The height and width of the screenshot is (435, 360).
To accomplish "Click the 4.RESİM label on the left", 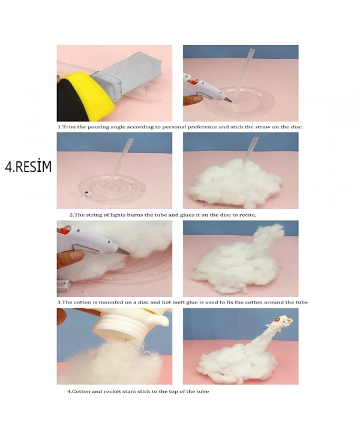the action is (x=28, y=166).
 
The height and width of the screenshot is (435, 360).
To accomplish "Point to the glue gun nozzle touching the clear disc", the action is (x=228, y=100).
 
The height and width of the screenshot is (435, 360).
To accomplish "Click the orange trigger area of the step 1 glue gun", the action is (x=193, y=82).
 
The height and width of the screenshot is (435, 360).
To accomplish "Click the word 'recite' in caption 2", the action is (x=247, y=215).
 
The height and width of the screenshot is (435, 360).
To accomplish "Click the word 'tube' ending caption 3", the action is (x=301, y=302).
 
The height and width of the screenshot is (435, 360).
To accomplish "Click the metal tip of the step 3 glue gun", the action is (x=123, y=251).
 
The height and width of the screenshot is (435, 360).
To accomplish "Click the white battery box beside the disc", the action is (x=64, y=286).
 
